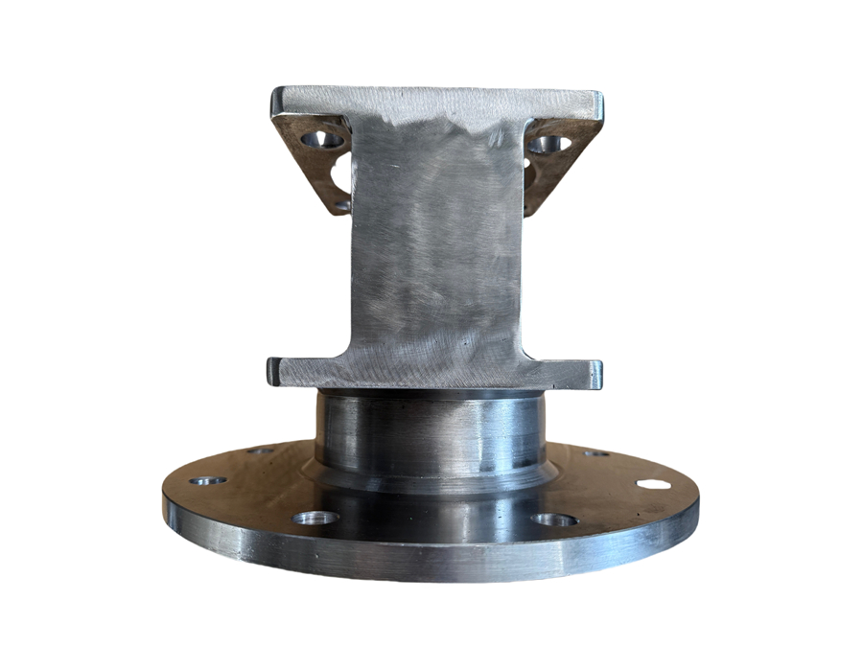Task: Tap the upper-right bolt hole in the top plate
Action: point(550,145)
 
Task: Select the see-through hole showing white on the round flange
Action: point(654,483)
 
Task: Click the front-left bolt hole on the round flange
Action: point(315,518)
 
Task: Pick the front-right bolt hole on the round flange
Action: point(554,520)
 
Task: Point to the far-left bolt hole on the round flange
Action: point(208,480)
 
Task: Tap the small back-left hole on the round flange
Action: point(261,450)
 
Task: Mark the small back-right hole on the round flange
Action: point(596,452)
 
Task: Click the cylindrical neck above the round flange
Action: point(431,431)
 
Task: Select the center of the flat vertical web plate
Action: point(436,249)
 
